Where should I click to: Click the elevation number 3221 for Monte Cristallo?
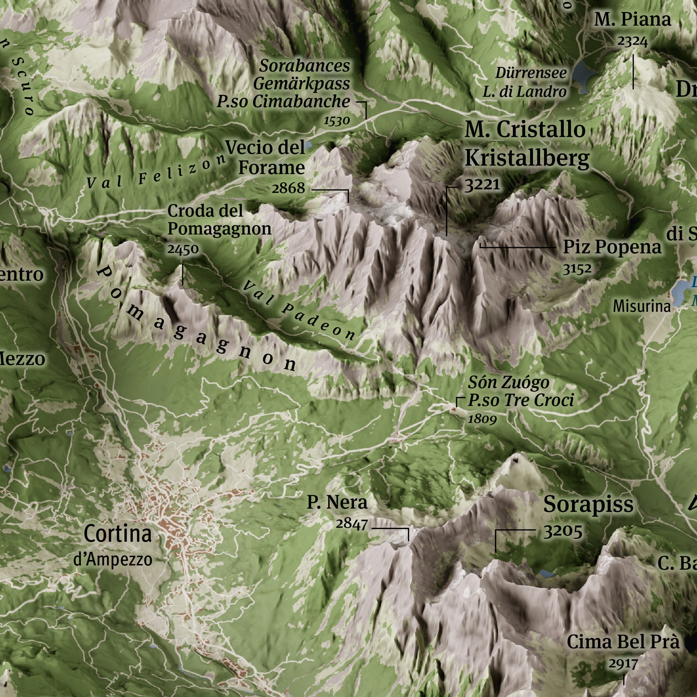(482, 185)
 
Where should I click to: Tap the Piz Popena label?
(612, 247)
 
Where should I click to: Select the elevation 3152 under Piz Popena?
(577, 269)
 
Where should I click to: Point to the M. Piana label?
(632, 20)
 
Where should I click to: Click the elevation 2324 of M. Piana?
(632, 42)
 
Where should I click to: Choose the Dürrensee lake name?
(531, 73)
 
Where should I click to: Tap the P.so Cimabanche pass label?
(283, 102)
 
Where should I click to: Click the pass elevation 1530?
(337, 121)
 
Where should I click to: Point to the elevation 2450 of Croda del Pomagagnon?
(183, 249)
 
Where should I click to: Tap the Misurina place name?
(641, 306)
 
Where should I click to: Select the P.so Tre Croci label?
(521, 400)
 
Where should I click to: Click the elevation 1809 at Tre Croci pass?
(482, 419)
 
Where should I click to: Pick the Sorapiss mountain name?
(588, 505)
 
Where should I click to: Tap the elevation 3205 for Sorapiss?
(563, 532)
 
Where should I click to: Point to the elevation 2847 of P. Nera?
(351, 524)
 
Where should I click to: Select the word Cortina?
(118, 534)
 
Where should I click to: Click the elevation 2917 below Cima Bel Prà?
(623, 664)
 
